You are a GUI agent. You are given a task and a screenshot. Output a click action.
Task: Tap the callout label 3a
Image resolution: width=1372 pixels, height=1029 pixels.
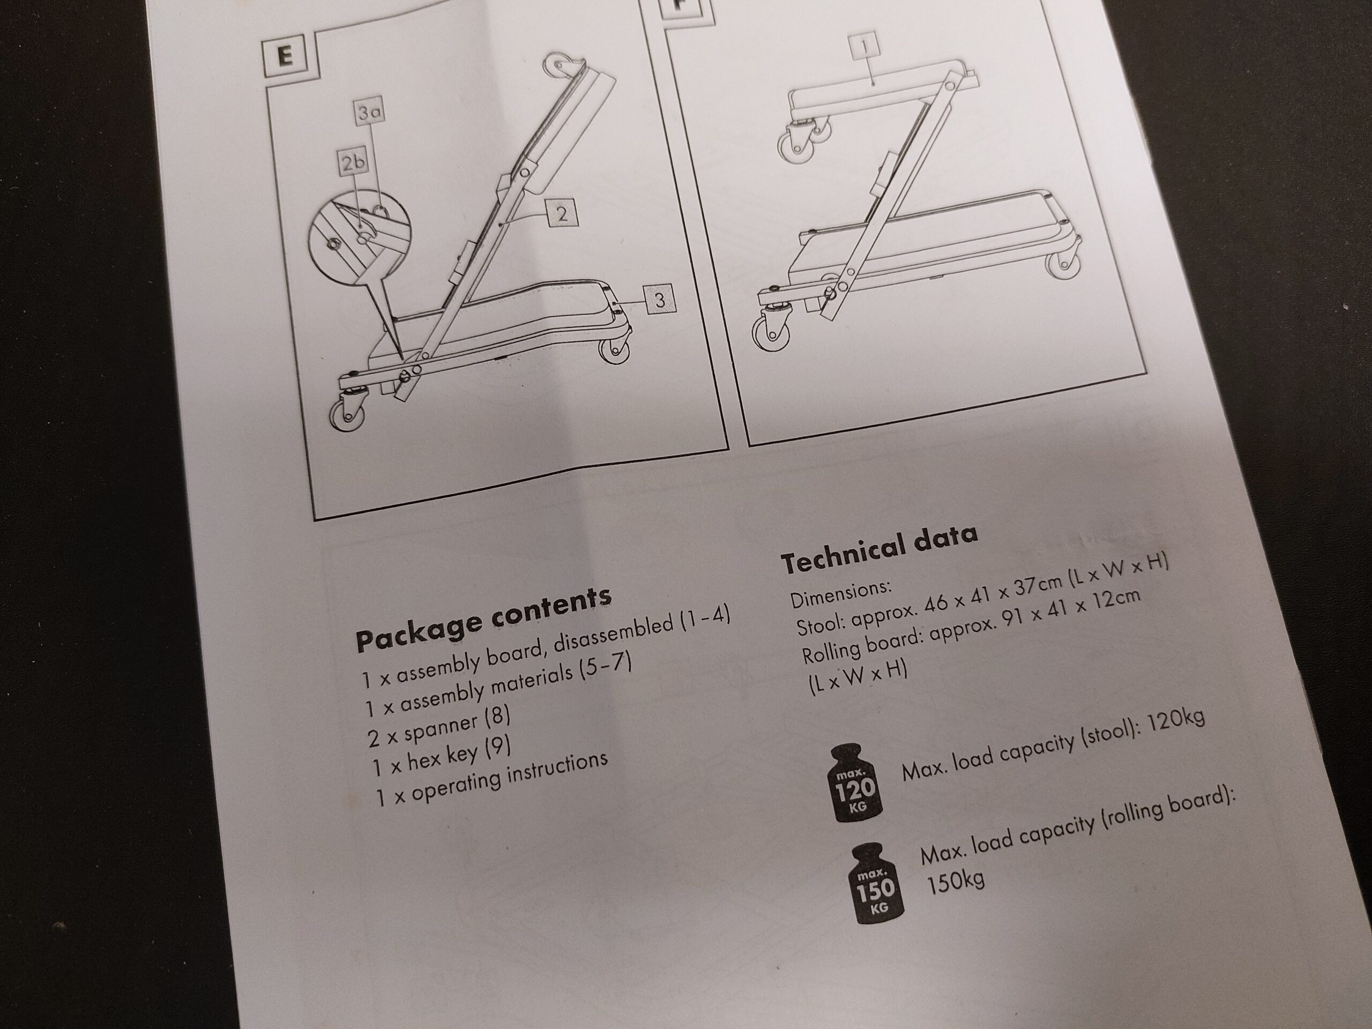369,112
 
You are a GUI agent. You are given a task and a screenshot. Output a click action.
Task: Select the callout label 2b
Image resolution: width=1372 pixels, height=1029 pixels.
353,163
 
